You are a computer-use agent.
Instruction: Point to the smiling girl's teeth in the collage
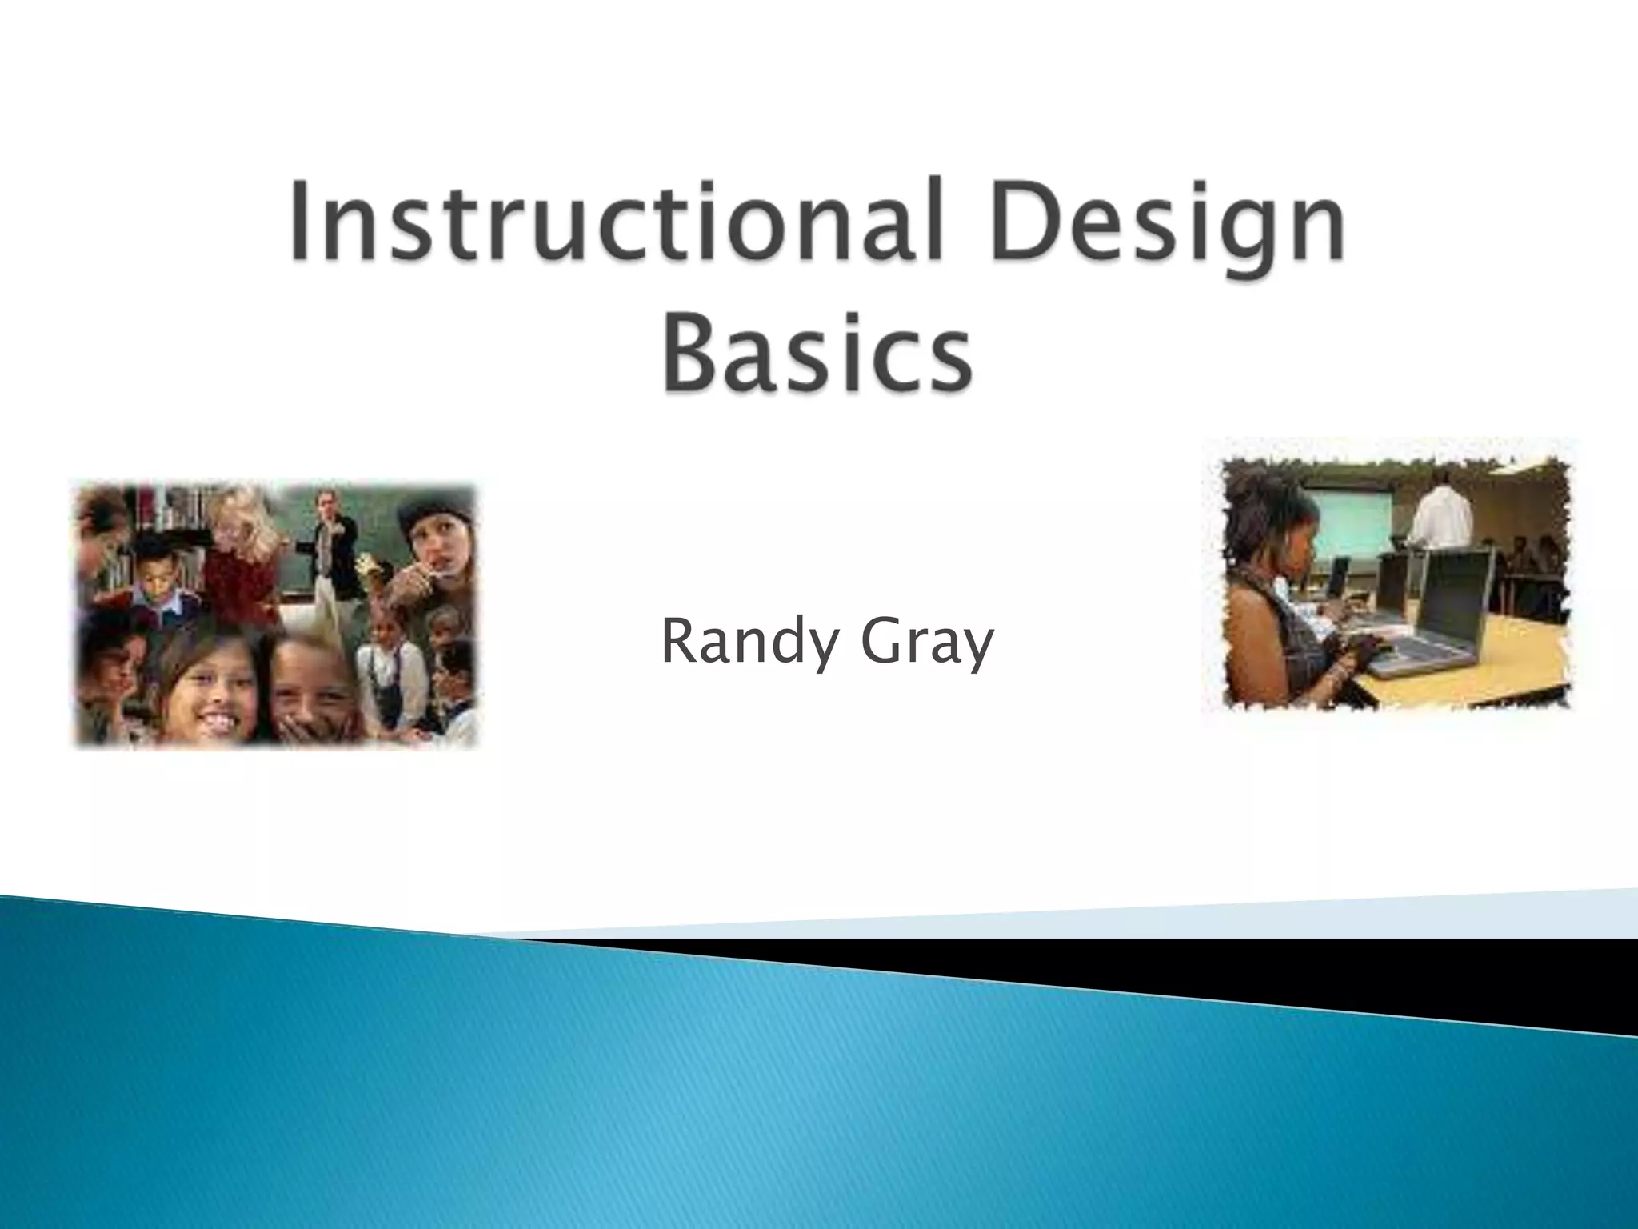click(210, 706)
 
